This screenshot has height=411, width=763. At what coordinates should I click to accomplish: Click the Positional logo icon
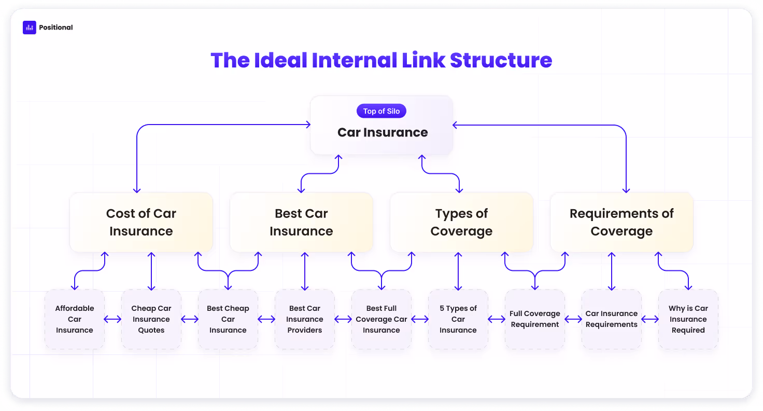(x=30, y=28)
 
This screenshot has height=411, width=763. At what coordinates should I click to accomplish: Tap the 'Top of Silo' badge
(x=381, y=111)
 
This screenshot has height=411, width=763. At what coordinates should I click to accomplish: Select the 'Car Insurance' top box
(x=381, y=125)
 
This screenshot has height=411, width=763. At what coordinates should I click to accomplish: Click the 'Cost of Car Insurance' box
(x=142, y=223)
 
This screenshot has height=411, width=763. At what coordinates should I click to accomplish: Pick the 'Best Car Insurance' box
(x=302, y=223)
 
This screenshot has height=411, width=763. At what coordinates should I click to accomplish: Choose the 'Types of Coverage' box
(x=461, y=223)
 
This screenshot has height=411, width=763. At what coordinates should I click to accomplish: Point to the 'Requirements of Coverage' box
(x=621, y=223)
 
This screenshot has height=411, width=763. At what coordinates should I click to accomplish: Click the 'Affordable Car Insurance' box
(x=75, y=319)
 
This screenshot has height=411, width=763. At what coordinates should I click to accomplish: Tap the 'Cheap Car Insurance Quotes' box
(x=151, y=319)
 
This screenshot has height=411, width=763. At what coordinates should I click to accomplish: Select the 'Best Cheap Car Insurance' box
(x=228, y=319)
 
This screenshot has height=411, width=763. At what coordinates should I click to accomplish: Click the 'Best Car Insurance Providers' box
(x=305, y=319)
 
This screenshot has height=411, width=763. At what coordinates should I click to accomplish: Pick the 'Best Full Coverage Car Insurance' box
(x=381, y=319)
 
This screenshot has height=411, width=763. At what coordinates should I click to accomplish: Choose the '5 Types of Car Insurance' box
(x=458, y=319)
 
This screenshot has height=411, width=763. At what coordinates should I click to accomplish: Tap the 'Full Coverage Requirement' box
(x=535, y=319)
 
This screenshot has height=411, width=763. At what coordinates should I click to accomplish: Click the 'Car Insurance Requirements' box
(x=612, y=319)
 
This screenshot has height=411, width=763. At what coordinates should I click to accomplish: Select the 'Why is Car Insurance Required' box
(x=688, y=319)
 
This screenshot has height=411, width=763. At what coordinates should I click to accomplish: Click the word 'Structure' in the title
(x=501, y=60)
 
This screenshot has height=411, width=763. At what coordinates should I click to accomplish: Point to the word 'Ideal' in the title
(x=280, y=60)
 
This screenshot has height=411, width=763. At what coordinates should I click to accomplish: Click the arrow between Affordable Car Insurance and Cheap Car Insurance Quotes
(x=113, y=319)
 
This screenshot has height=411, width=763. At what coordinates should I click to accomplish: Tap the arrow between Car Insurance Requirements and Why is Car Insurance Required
(x=650, y=319)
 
